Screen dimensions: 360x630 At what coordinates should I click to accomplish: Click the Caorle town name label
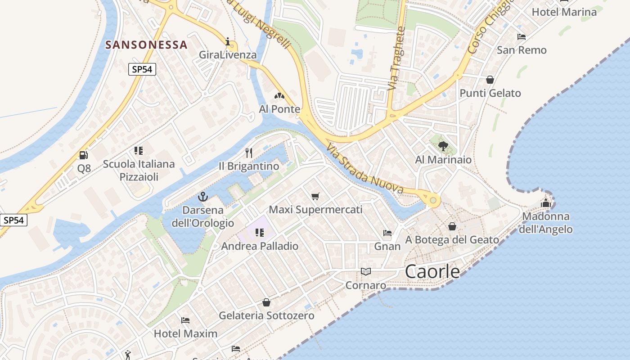[x=432, y=271]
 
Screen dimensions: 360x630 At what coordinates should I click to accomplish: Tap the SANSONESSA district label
[x=146, y=45]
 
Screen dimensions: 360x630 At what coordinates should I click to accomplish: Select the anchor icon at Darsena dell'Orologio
[x=203, y=197]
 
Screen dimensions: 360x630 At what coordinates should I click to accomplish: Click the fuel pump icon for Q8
[x=83, y=155]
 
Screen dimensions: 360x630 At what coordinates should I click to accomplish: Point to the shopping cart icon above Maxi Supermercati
[x=315, y=196]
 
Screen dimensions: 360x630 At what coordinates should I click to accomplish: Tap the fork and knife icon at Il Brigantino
[x=249, y=153]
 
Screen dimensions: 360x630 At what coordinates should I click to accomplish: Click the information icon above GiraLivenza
[x=228, y=42]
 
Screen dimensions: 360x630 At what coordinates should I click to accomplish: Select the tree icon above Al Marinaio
[x=443, y=146]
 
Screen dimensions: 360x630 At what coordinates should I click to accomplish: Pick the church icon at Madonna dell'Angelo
[x=546, y=203]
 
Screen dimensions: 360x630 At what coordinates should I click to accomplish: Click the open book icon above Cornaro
[x=366, y=272]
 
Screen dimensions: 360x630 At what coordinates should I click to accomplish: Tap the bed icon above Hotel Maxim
[x=185, y=320]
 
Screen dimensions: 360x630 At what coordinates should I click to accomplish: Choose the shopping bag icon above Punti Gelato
[x=490, y=80]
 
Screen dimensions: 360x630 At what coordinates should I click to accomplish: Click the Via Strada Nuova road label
[x=365, y=169]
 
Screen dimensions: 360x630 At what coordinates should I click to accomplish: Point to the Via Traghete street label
[x=396, y=58]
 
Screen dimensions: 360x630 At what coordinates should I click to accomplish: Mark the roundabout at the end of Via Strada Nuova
[x=433, y=200]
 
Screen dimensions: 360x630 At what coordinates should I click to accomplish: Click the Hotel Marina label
[x=564, y=12]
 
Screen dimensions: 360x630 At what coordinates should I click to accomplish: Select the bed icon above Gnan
[x=387, y=233]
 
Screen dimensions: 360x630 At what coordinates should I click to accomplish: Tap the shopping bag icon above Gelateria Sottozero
[x=266, y=302]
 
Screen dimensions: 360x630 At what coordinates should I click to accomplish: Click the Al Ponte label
[x=279, y=109]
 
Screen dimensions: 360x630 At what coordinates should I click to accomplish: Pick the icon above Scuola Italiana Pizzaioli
[x=139, y=150]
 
